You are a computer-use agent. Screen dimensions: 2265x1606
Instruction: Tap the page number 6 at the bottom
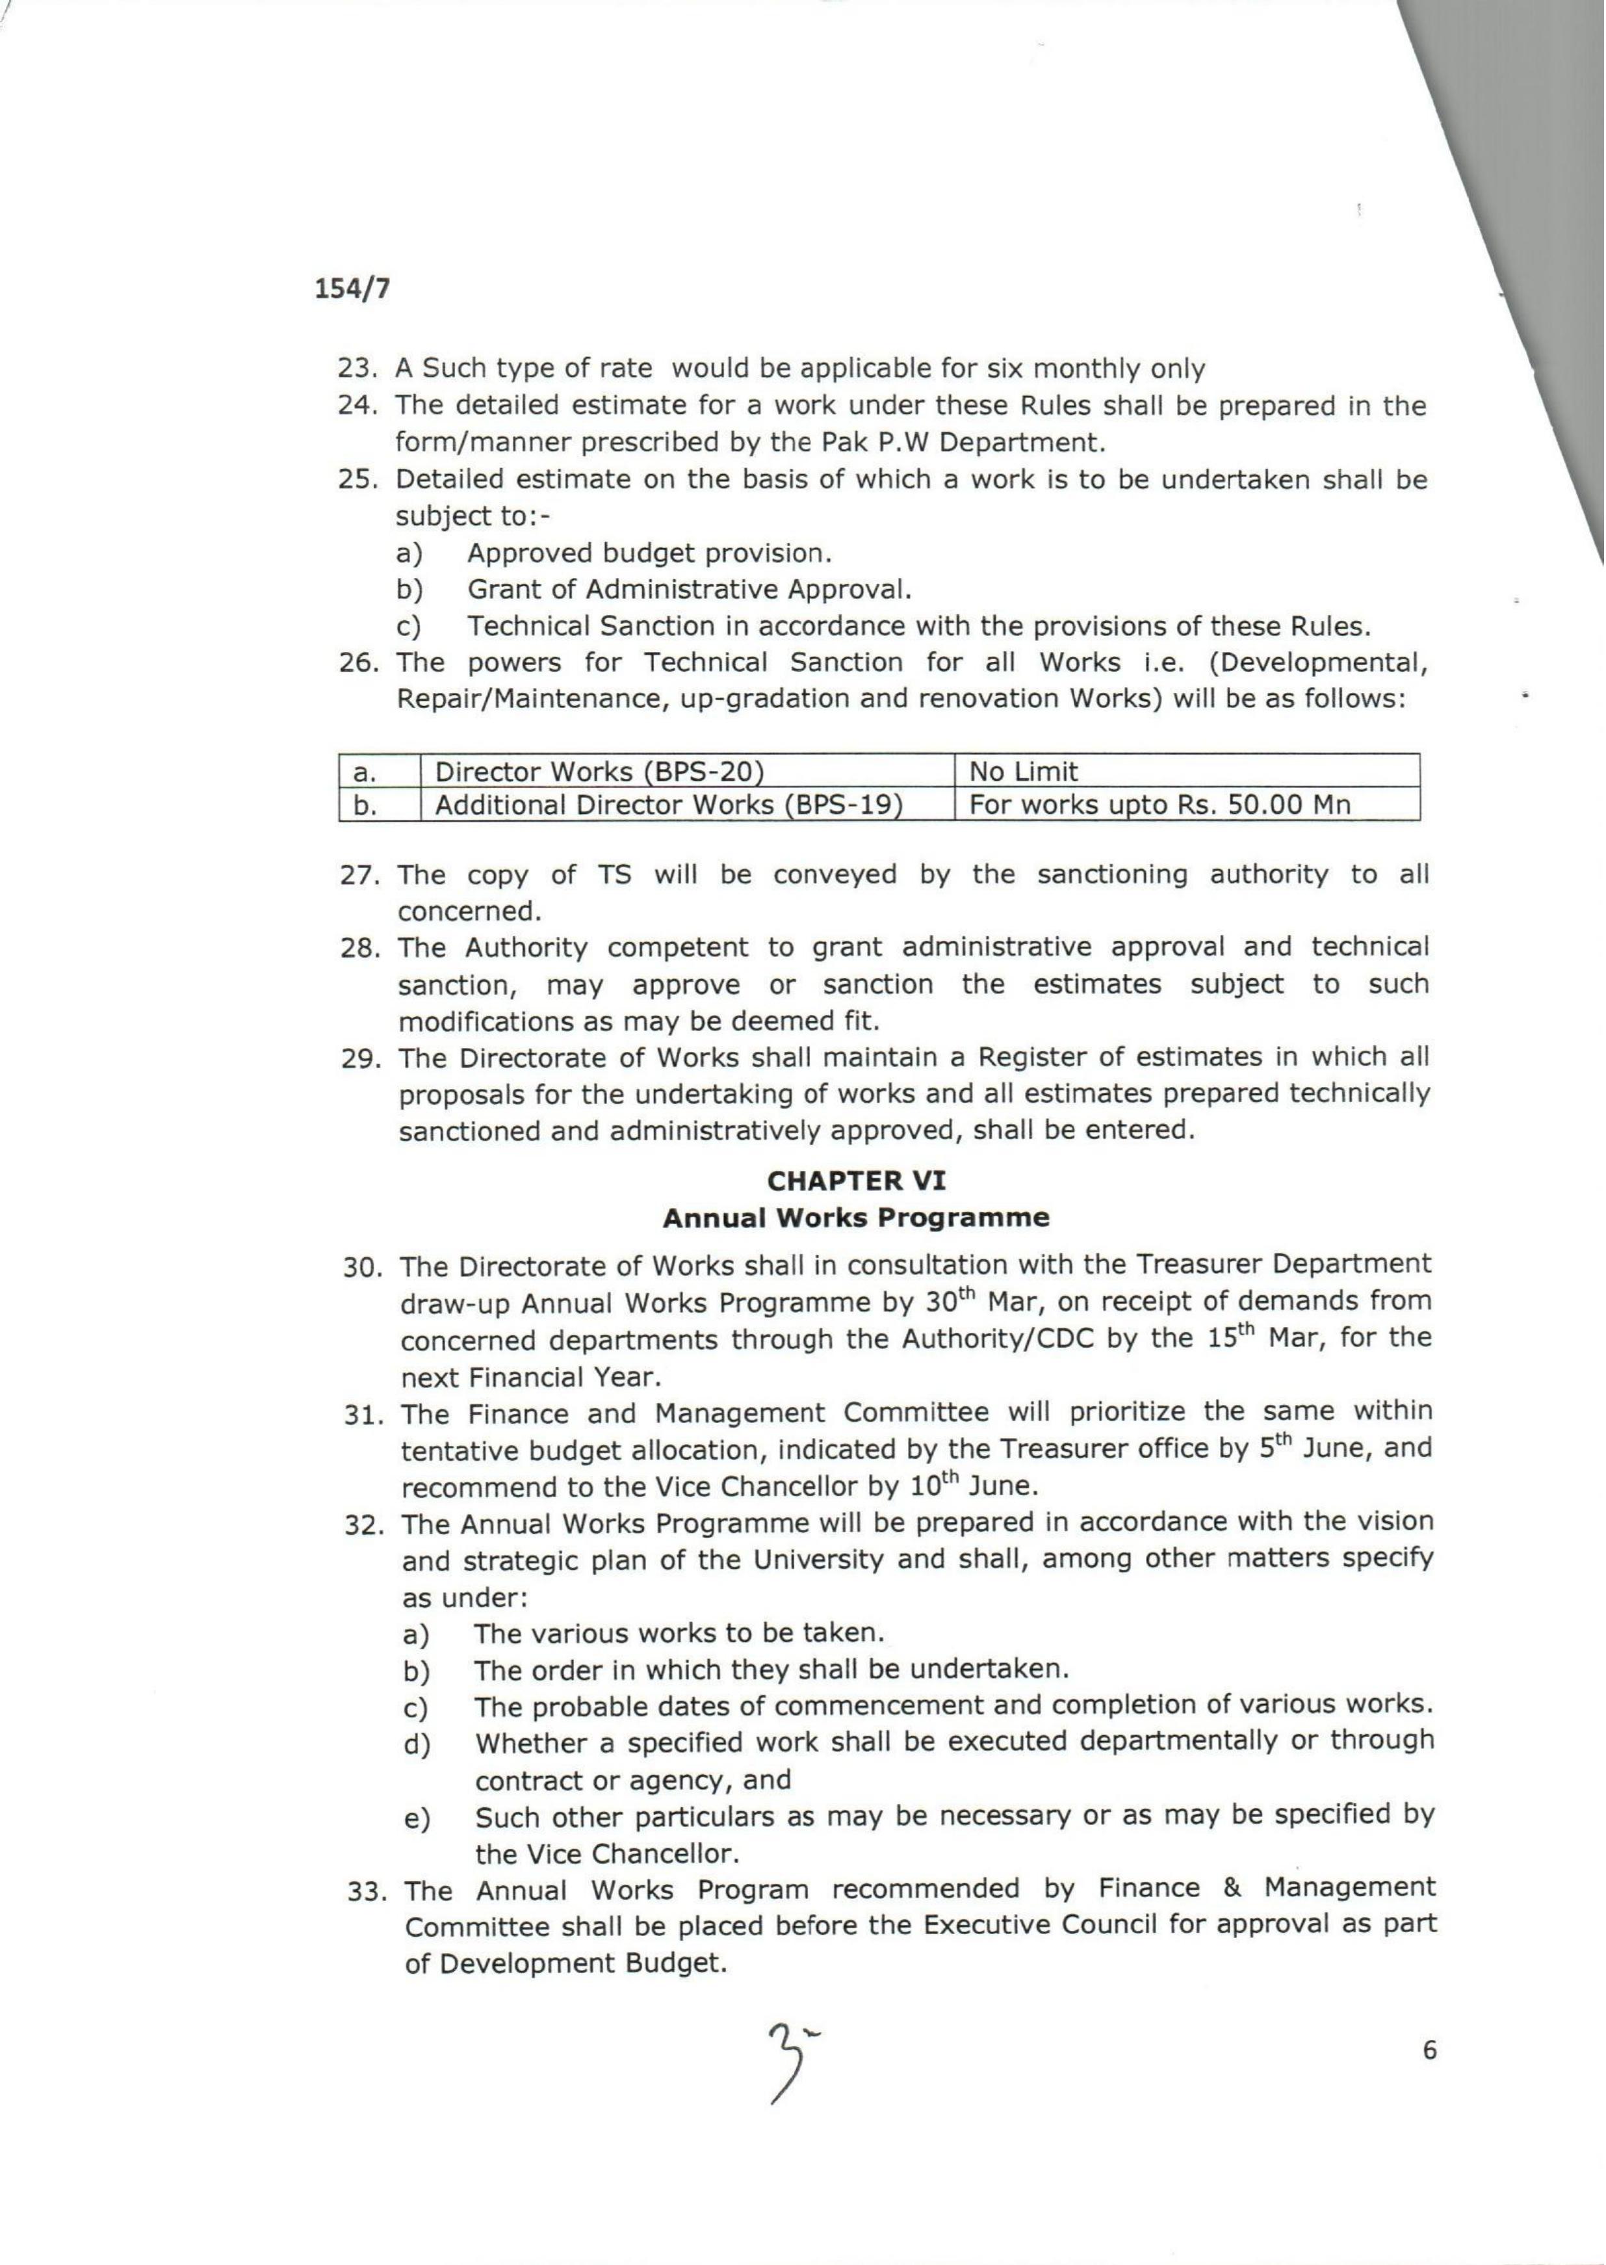[x=1429, y=2050]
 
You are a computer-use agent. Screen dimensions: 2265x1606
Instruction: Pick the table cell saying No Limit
[x=1022, y=772]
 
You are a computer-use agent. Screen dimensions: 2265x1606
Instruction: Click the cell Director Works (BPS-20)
[x=601, y=772]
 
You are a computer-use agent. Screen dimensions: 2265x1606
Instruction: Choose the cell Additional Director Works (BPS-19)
[x=669, y=805]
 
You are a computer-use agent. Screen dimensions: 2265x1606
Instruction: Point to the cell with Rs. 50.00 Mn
[x=1159, y=805]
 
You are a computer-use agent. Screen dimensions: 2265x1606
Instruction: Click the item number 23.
[x=356, y=369]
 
